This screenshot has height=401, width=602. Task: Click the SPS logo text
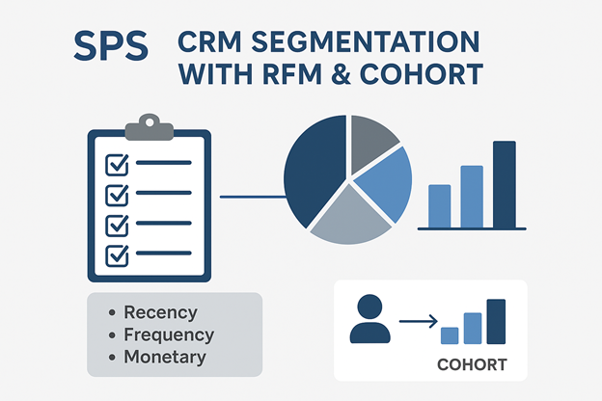[111, 46]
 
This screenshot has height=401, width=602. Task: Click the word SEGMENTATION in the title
[366, 41]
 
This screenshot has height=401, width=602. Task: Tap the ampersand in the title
[340, 73]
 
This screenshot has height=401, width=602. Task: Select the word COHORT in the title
[422, 73]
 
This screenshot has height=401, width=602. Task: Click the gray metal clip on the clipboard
[150, 127]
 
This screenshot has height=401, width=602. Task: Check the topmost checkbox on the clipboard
[117, 165]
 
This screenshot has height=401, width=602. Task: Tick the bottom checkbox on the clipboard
[117, 256]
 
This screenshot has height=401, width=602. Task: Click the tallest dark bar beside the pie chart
[505, 184]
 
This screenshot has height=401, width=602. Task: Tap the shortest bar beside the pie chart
[440, 206]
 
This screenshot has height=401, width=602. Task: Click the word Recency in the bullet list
[160, 312]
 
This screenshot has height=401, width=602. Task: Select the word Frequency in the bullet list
[169, 335]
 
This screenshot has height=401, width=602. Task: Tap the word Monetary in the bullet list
[165, 357]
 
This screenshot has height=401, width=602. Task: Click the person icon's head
[369, 307]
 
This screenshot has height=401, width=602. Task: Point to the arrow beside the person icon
[419, 321]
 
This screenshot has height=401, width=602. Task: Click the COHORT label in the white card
[472, 365]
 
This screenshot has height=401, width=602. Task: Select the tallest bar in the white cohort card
[496, 322]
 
